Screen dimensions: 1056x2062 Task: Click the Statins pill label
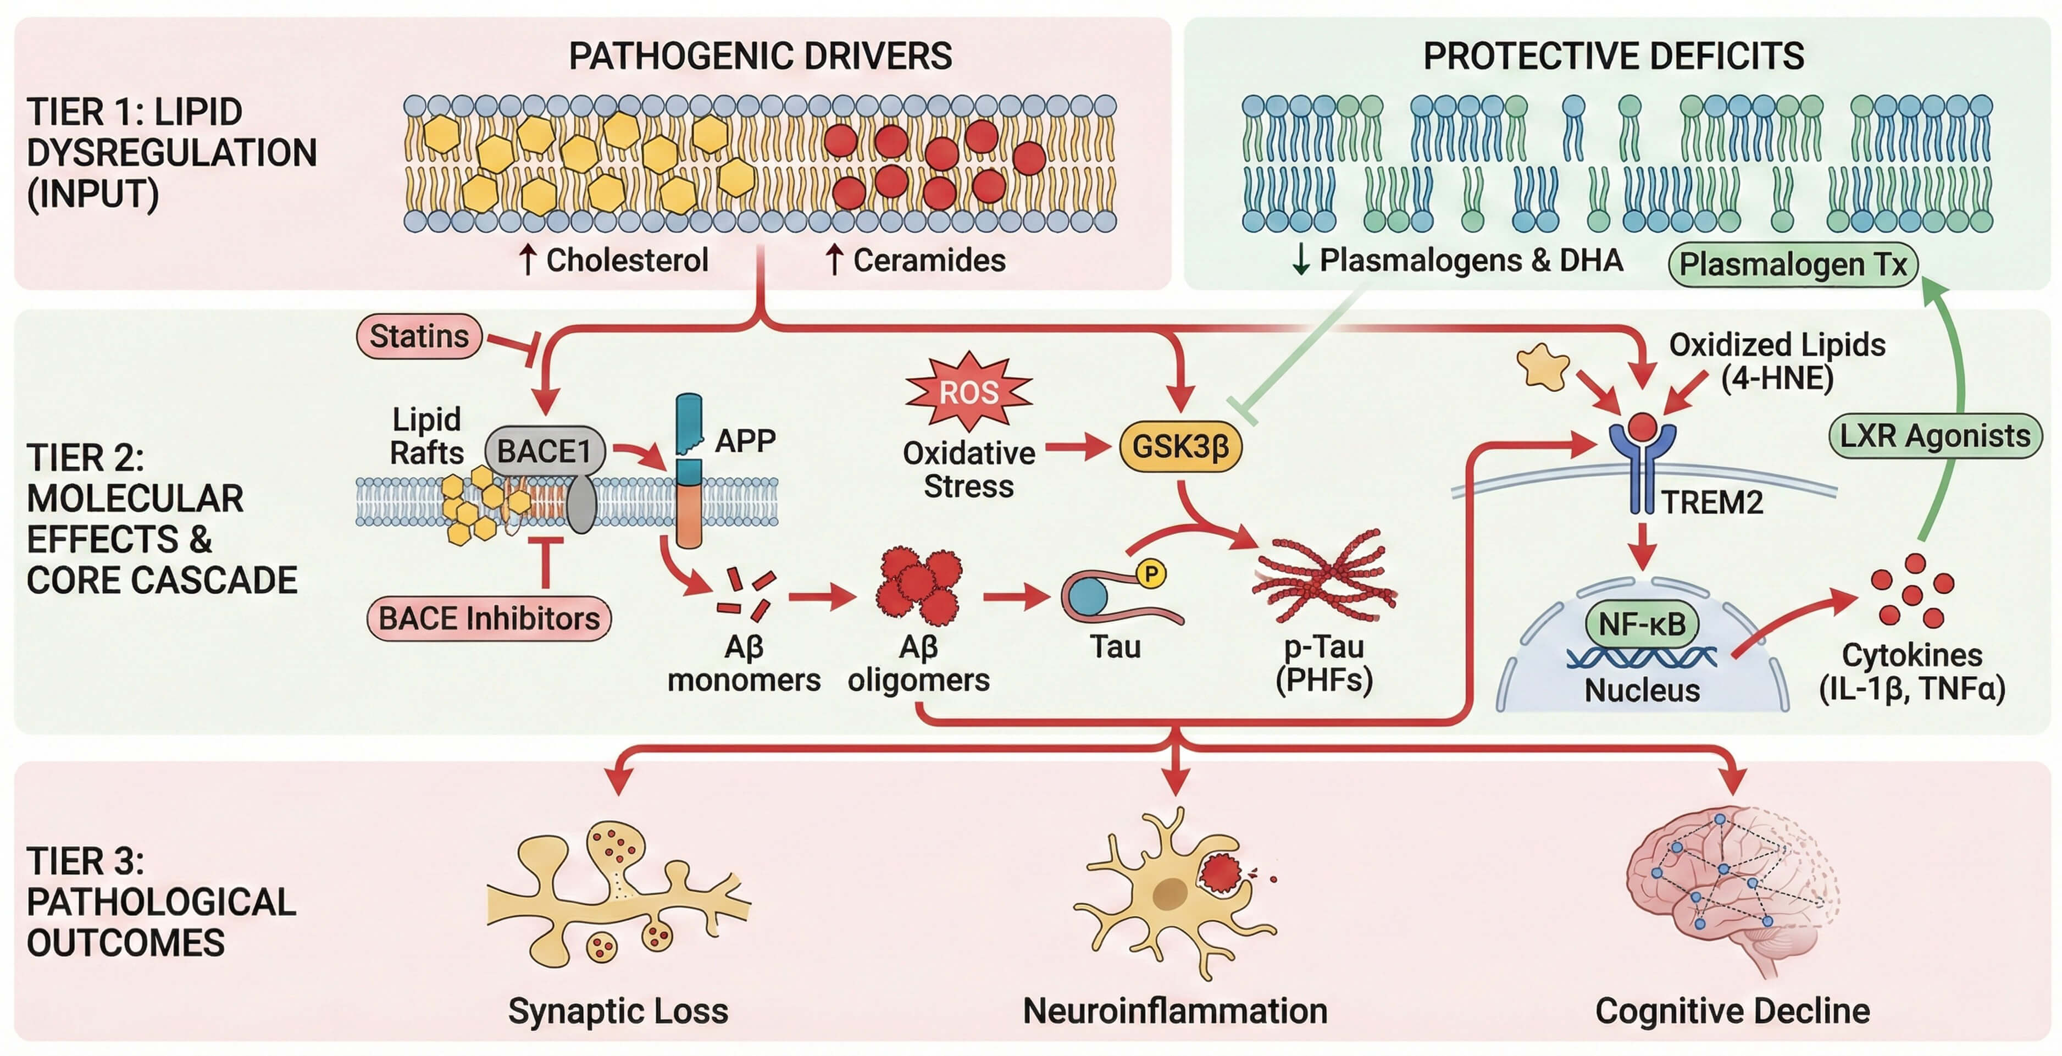419,336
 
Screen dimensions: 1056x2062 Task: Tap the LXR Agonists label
1934,436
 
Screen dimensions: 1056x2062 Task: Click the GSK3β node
1180,446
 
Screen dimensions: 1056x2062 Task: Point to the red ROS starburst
968,391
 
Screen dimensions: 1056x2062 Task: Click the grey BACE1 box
544,451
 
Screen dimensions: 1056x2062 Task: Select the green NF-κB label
1642,624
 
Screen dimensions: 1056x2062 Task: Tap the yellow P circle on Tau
1151,573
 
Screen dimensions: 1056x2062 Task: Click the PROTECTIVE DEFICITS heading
1613,56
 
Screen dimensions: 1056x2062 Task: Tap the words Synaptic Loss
618,1011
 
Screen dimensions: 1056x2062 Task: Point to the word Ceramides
929,260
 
